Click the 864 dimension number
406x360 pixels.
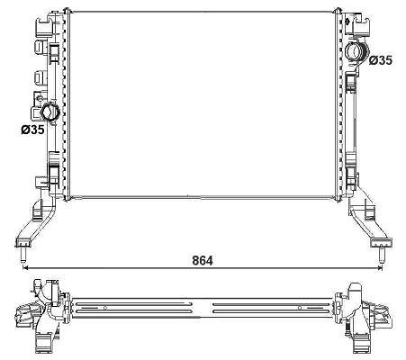coord(203,260)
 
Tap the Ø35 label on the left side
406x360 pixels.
coord(32,130)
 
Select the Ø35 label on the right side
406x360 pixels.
coord(380,60)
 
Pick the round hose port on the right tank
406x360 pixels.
coord(356,53)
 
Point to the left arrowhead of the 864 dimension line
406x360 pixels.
coord(25,267)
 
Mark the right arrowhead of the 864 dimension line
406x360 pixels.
coord(380,267)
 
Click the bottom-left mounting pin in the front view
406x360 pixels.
coord(23,254)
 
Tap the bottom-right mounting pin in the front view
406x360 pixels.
coord(381,254)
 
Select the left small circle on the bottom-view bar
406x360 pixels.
coord(105,308)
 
